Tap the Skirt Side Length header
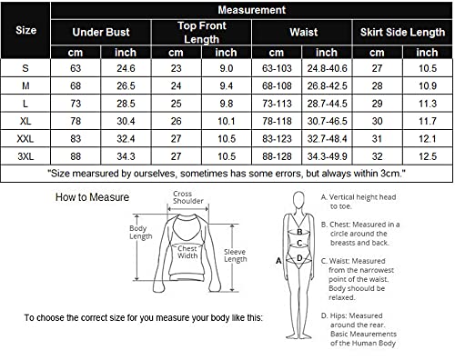pos(401,32)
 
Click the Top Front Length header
pos(202,32)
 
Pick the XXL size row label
pos(27,138)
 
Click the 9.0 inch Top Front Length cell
pos(227,66)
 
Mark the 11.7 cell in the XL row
pos(425,120)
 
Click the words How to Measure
pos(92,196)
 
